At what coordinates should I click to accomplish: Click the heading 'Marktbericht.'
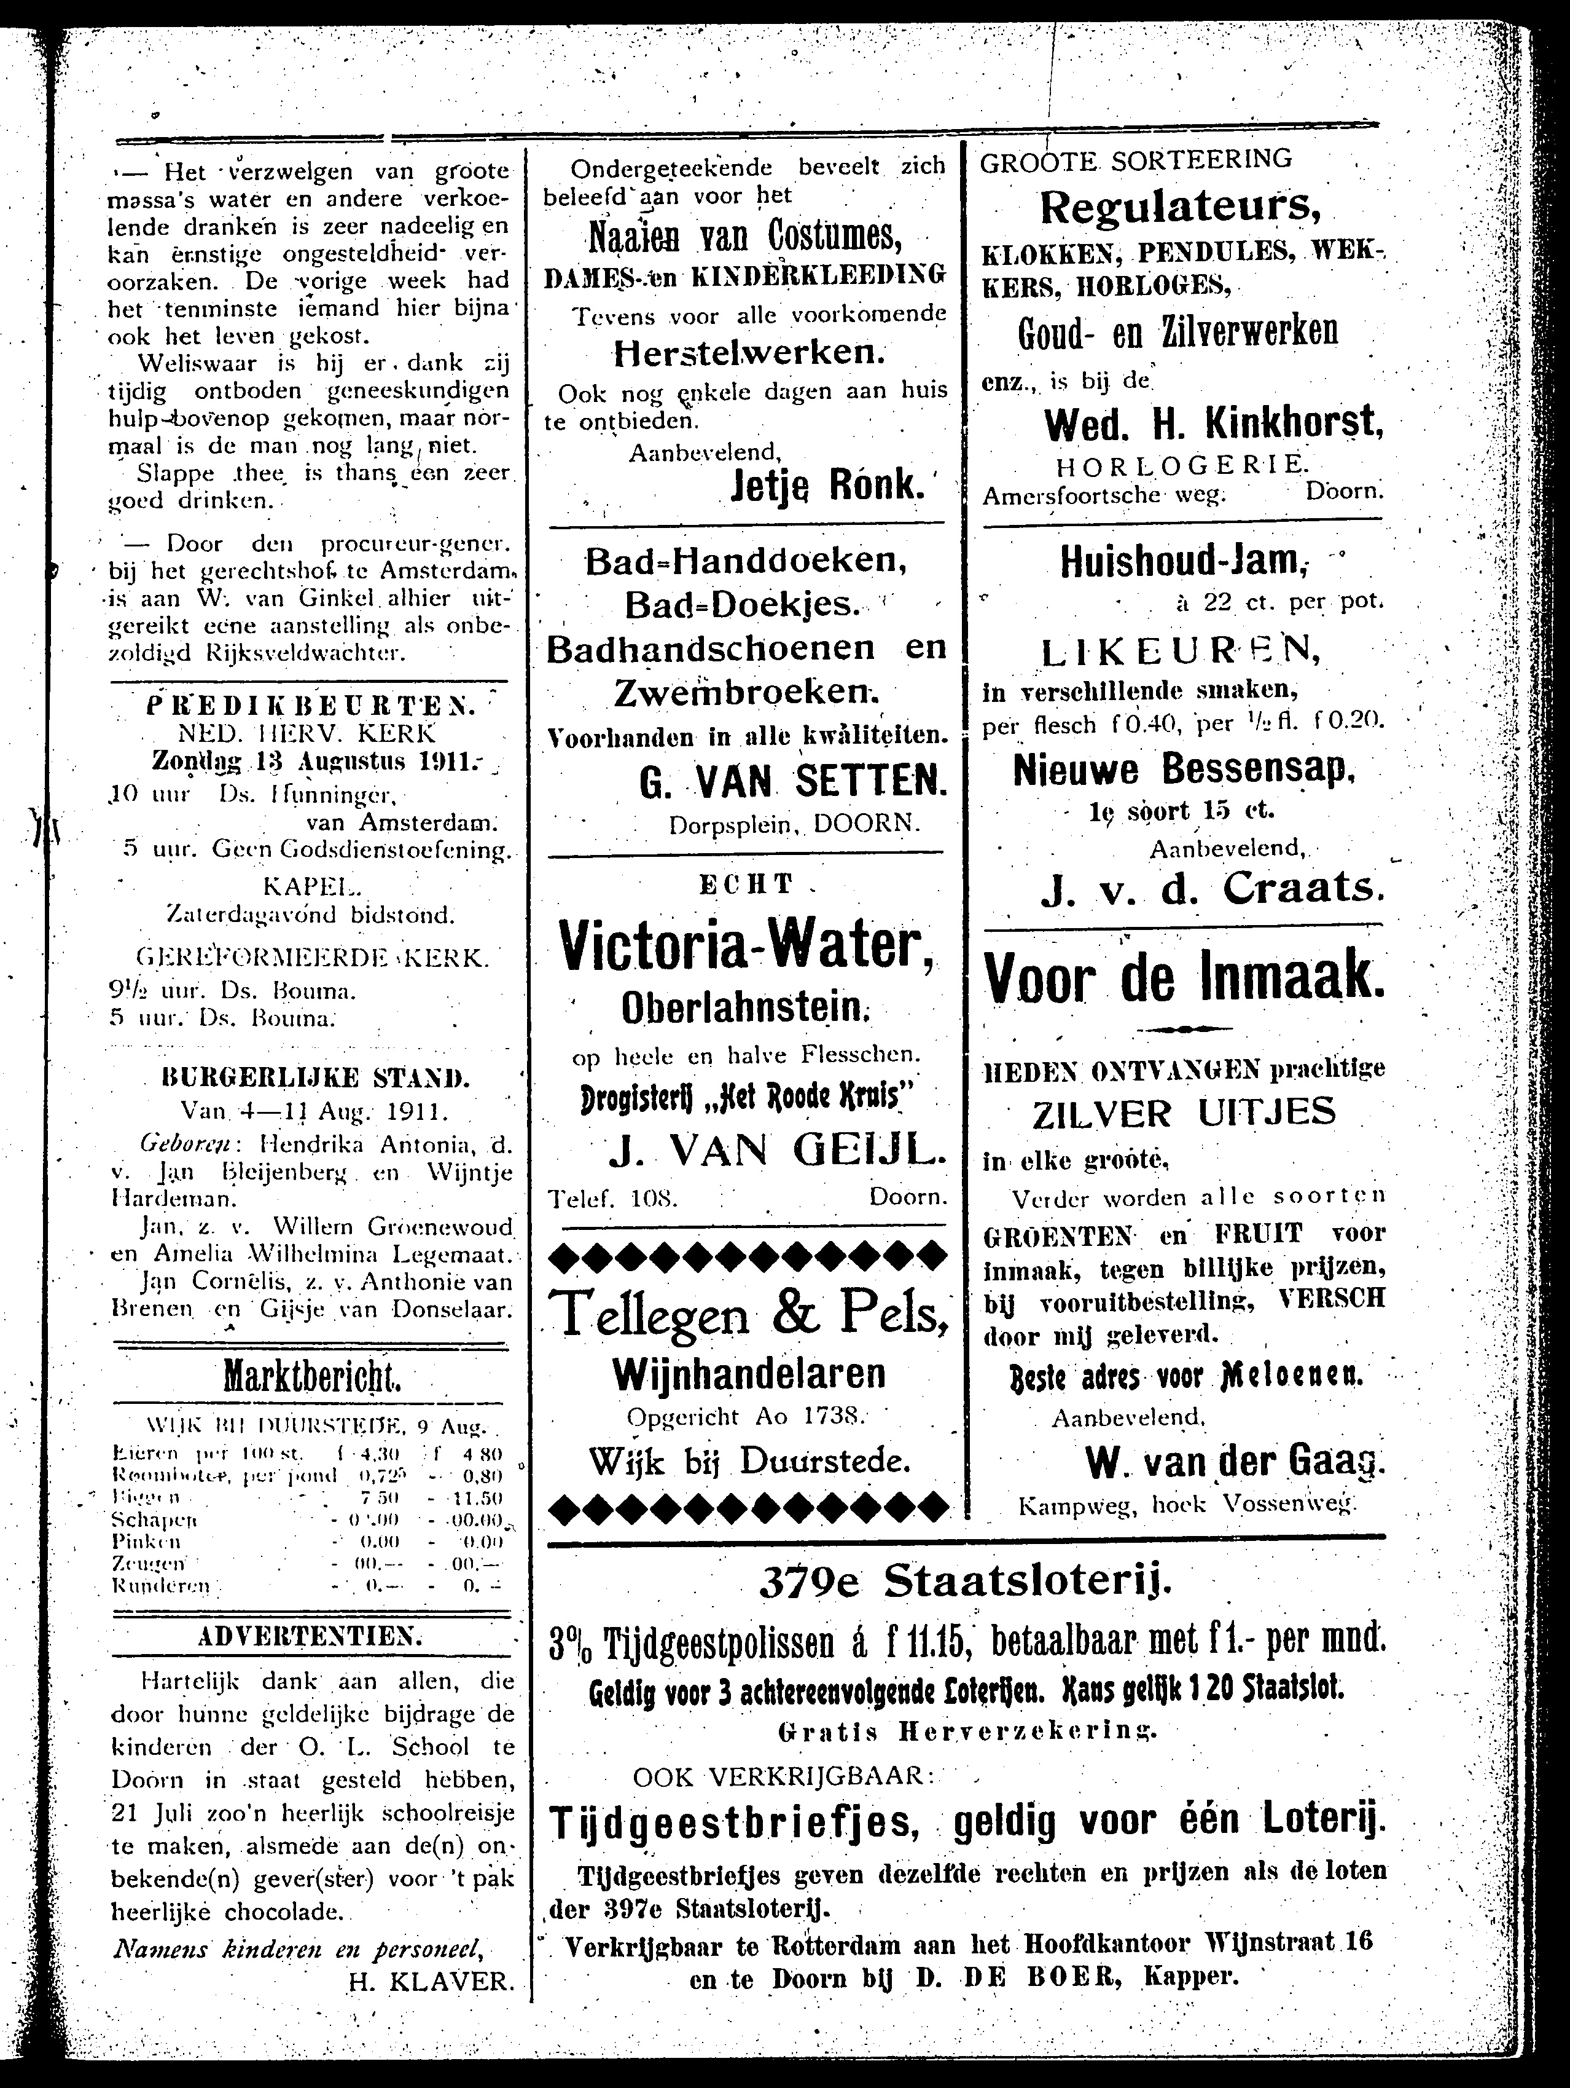pos(311,1378)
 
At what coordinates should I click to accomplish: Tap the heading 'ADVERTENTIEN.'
pos(312,1637)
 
